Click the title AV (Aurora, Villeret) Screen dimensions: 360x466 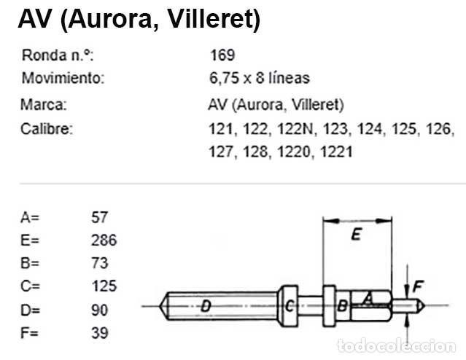point(139,20)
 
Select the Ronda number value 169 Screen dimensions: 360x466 point(222,55)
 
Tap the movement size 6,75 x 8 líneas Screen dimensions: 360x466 point(258,77)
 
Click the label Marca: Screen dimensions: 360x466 point(44,104)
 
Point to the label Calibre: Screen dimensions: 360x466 point(47,130)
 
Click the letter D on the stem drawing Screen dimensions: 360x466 point(206,306)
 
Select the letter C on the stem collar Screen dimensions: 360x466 point(290,305)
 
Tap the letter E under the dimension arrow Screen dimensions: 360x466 point(355,235)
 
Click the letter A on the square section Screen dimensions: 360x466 point(368,297)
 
